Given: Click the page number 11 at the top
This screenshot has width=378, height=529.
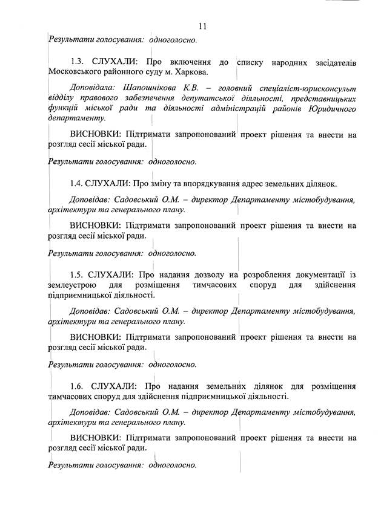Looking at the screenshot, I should [202, 25].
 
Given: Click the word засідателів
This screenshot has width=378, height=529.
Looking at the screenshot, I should [331, 62].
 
